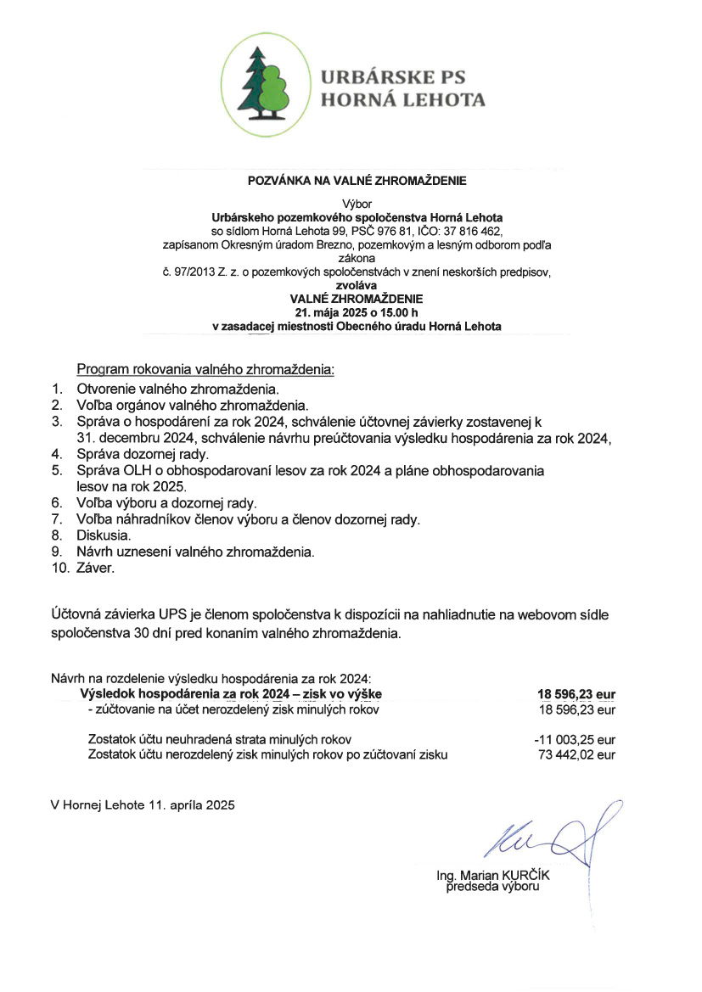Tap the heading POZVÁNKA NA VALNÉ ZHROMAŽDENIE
click(x=357, y=181)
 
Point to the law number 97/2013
click(x=190, y=272)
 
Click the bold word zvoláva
click(x=357, y=286)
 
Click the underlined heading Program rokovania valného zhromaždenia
click(x=205, y=371)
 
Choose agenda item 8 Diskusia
click(x=104, y=536)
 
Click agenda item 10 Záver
click(x=95, y=569)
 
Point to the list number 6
click(x=55, y=503)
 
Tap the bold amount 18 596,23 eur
click(x=576, y=693)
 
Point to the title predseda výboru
click(x=493, y=887)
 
